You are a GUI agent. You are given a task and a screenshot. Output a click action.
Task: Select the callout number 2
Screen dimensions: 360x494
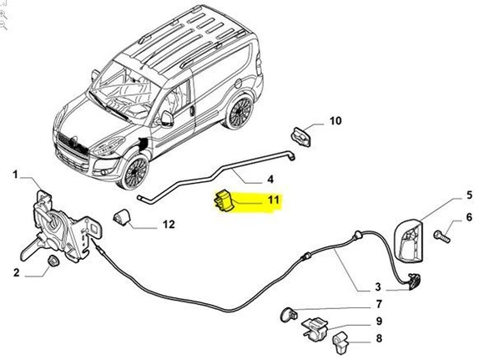16,272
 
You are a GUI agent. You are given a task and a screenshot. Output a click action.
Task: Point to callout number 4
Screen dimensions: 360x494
270,179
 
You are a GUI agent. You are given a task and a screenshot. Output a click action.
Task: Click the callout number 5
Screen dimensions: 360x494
469,195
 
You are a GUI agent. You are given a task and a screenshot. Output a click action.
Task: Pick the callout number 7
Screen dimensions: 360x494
378,304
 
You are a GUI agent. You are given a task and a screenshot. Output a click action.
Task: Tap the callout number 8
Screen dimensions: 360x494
378,338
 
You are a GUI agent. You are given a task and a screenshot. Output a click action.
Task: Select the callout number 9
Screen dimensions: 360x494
378,321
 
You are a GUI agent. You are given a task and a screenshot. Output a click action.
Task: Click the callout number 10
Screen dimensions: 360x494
335,121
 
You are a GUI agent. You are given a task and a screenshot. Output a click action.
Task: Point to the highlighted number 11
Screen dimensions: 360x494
272,200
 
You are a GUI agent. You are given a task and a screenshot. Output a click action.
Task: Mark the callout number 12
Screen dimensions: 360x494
168,224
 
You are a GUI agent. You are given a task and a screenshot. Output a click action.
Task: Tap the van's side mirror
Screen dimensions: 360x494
168,118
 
